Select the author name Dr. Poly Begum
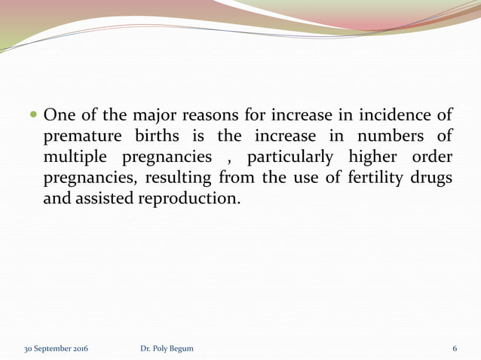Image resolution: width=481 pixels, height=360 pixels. [167, 349]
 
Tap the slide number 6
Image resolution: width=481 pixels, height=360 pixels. [455, 349]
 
